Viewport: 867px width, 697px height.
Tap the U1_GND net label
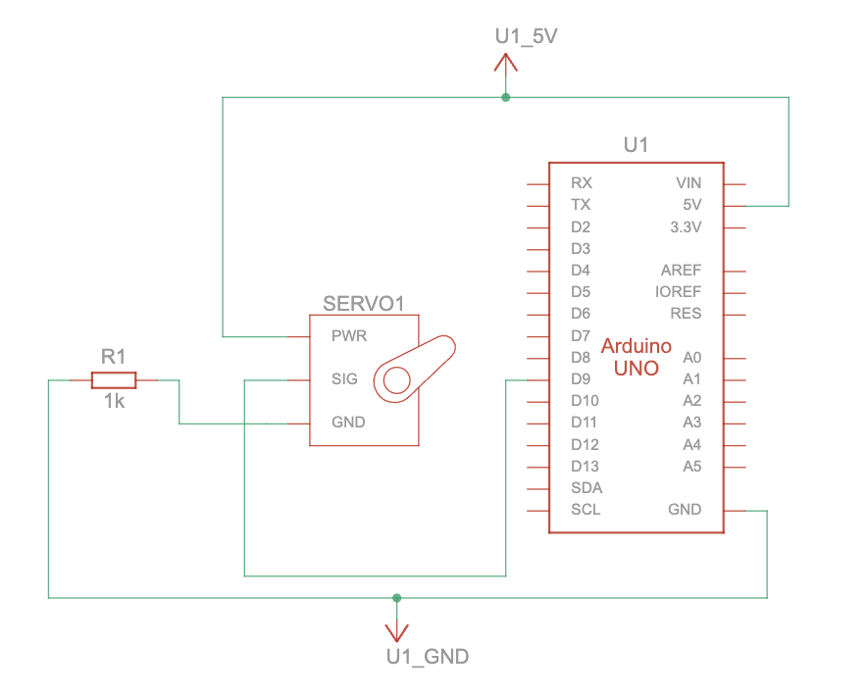[428, 657]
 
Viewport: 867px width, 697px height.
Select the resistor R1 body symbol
[114, 379]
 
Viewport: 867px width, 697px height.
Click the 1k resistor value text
[115, 402]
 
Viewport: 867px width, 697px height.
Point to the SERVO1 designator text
[364, 304]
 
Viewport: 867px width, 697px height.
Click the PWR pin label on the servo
[349, 335]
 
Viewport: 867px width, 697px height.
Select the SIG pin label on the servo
[345, 379]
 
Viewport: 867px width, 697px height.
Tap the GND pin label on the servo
[348, 423]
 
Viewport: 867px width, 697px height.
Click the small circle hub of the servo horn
[396, 379]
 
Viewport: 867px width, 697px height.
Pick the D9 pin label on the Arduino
[581, 379]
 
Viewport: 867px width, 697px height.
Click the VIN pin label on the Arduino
[688, 183]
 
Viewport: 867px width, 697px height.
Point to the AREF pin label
[682, 271]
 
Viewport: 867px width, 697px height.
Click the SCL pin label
[586, 510]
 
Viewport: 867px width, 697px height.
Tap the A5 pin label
[692, 467]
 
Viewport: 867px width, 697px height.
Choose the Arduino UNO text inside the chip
[637, 357]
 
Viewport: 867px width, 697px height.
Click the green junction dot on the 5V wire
[505, 97]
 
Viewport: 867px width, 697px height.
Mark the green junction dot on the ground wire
[396, 597]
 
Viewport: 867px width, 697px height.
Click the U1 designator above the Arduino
[637, 145]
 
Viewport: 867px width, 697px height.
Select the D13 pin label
[585, 467]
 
